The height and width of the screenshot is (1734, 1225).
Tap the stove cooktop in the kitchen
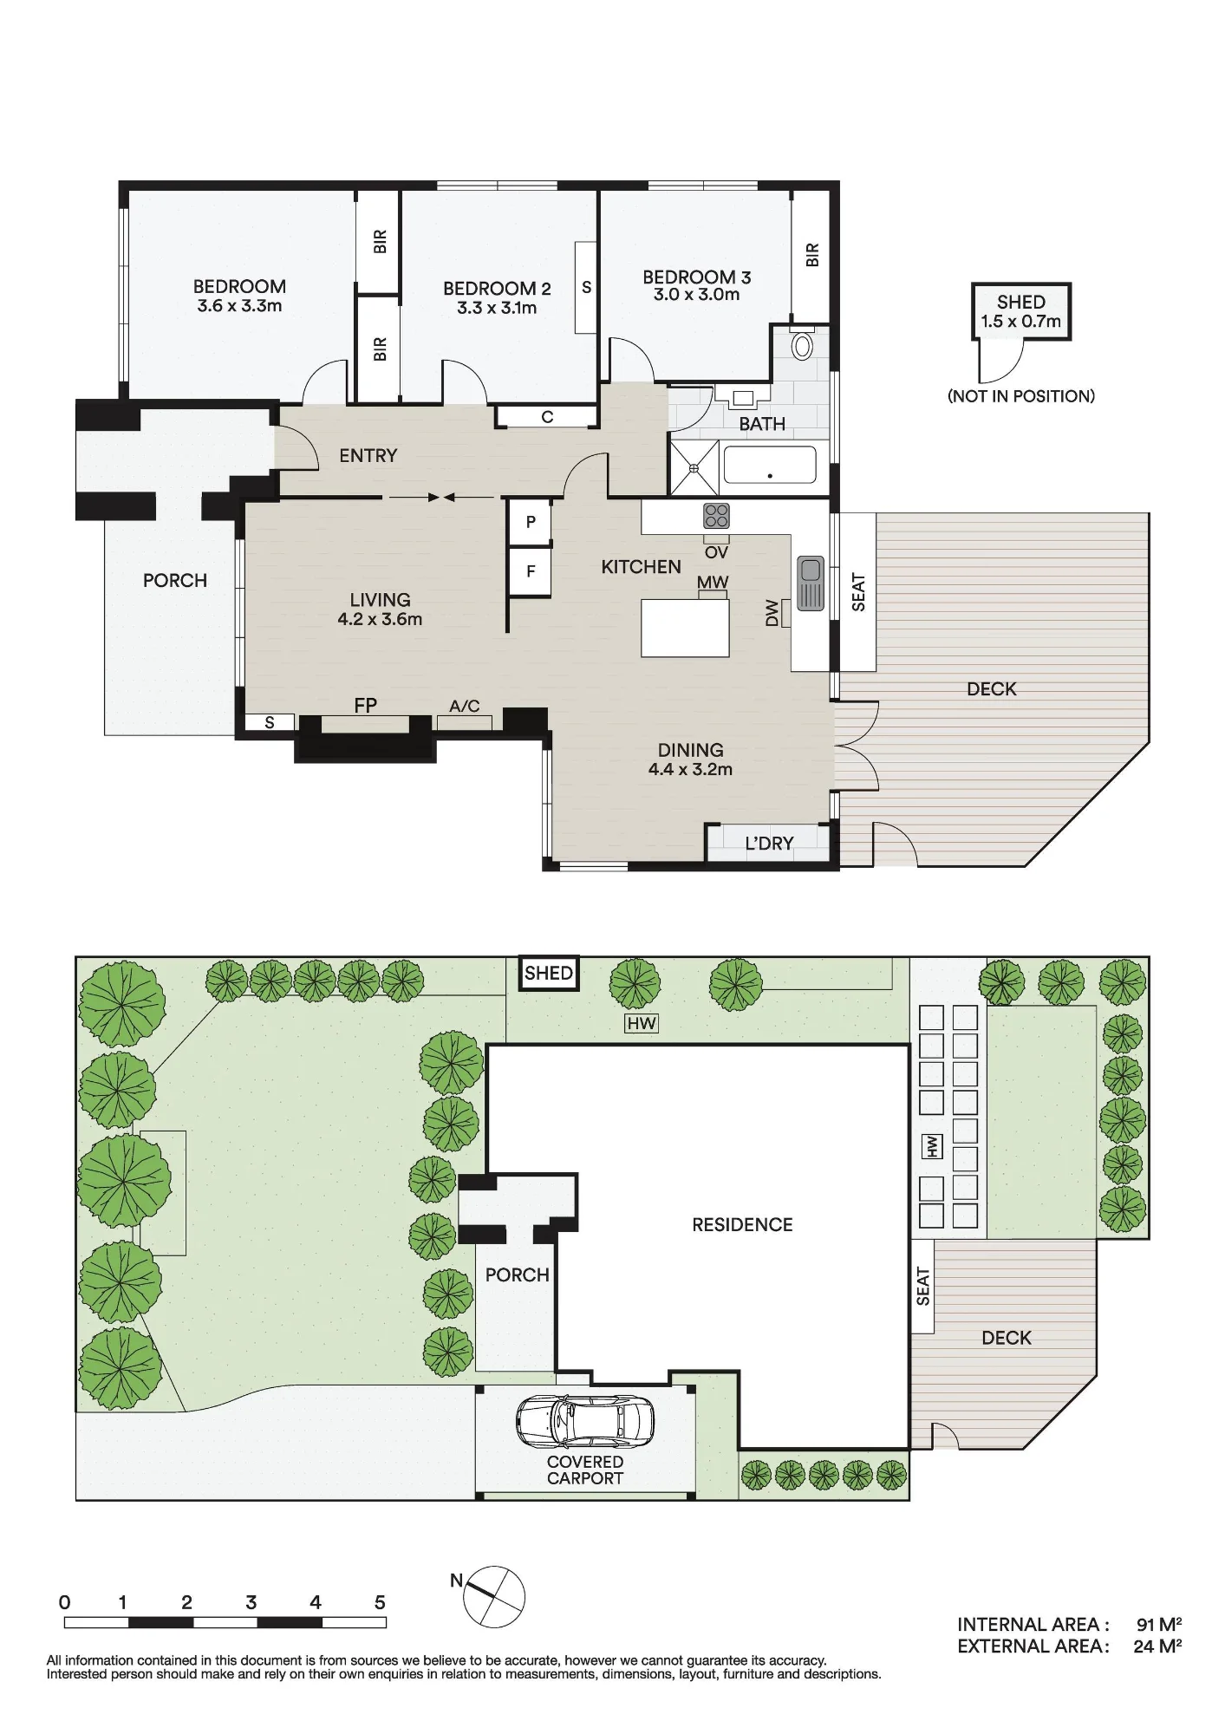716,516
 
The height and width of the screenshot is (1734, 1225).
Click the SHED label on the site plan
549,973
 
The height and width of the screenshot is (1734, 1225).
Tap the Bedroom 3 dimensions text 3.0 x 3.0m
697,295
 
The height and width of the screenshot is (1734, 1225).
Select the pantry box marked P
531,522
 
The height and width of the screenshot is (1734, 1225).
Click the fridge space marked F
531,571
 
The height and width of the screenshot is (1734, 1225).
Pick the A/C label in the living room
465,707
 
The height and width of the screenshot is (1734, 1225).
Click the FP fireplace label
366,705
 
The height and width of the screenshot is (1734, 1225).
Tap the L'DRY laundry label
770,843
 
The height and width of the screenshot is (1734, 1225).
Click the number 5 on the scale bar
380,1602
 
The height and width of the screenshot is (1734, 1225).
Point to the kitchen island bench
685,628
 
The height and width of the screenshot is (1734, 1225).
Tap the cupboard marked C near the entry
547,417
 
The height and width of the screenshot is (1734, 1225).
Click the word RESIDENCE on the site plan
742,1225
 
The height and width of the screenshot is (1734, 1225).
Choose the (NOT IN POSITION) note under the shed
1021,396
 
